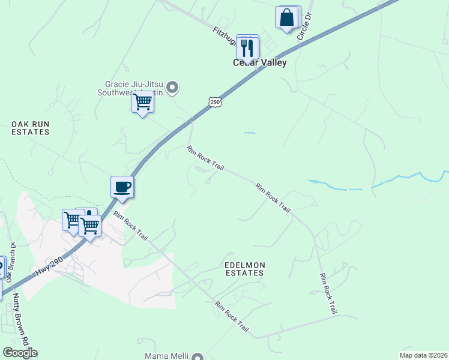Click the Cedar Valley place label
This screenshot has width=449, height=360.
coord(260,62)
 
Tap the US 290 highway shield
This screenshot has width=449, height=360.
coord(215,103)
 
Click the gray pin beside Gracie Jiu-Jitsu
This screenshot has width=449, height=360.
coord(172,88)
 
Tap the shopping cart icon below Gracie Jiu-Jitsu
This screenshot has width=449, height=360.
coord(142,102)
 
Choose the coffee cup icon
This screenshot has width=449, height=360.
coord(122,187)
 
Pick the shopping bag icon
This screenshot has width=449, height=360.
coord(287,17)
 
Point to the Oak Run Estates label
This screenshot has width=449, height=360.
coord(30,128)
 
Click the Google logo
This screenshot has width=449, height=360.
coord(20,353)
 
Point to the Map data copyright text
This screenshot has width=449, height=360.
coord(423,355)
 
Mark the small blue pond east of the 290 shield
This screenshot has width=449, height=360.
coord(249,133)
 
